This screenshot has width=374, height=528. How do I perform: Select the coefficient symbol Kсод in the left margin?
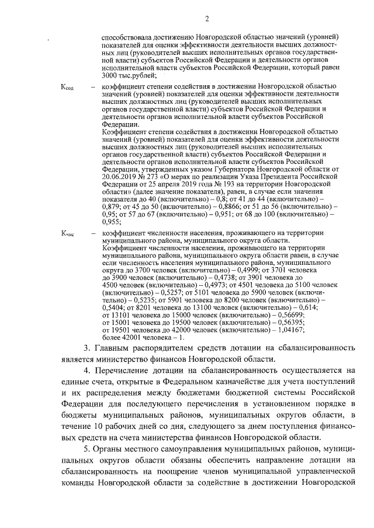[67, 87]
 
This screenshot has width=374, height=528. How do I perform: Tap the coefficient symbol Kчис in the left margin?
[68, 233]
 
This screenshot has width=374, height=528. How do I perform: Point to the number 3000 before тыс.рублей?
[112, 75]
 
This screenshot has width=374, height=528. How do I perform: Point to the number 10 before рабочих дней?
[110, 425]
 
